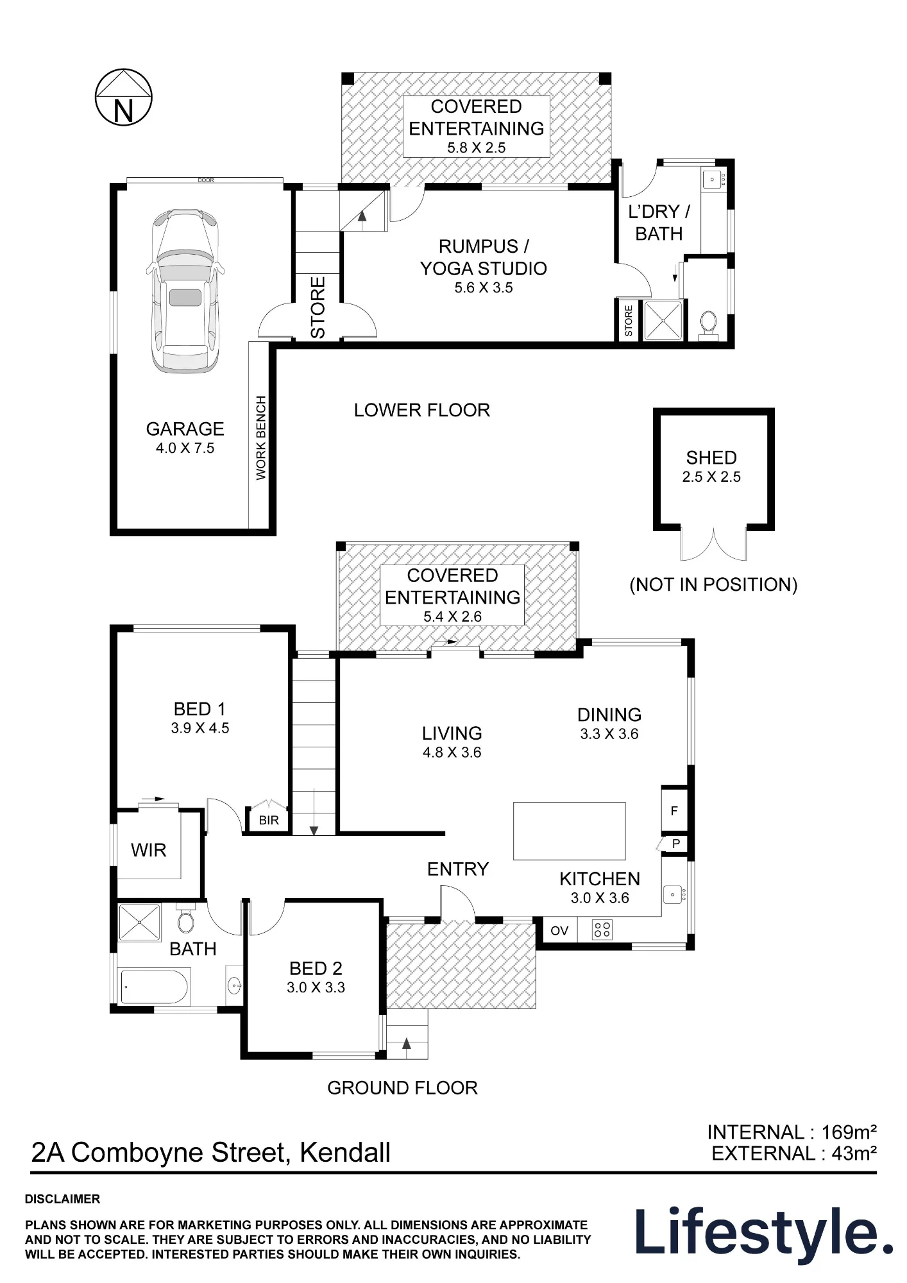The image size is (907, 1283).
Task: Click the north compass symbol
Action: [x=123, y=98]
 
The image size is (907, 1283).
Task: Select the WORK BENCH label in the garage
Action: [x=261, y=438]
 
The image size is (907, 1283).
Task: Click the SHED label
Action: [x=711, y=457]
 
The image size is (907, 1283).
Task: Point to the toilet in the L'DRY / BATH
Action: [x=709, y=323]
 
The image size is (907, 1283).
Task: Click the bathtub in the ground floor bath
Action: [x=155, y=986]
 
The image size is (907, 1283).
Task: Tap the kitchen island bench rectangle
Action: [x=569, y=831]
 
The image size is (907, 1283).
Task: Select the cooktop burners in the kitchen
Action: [x=602, y=930]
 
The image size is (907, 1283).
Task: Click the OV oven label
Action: [x=559, y=931]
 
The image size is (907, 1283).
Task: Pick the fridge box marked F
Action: [x=674, y=811]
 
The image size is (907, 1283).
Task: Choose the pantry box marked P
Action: [x=675, y=844]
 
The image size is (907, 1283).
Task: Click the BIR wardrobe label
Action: [x=269, y=820]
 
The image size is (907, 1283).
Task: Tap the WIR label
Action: [x=149, y=850]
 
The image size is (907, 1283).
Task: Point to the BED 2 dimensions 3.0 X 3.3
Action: [x=316, y=987]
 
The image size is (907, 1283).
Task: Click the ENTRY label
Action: [x=458, y=869]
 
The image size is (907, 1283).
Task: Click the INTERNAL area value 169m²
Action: [x=849, y=1132]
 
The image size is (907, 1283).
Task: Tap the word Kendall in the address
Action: [x=345, y=1153]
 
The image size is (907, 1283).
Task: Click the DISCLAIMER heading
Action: [x=62, y=1199]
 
